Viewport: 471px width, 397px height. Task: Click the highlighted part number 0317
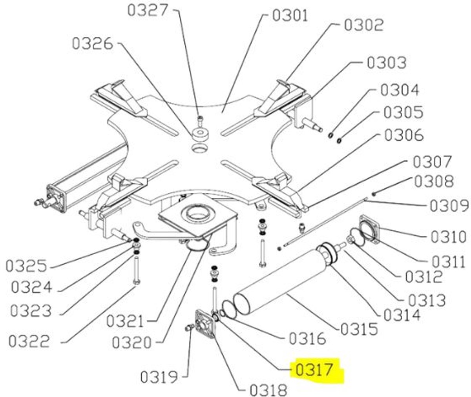(314, 370)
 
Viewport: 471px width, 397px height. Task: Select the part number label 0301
(290, 16)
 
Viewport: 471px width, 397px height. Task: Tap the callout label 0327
(148, 10)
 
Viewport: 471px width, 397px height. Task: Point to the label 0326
(92, 44)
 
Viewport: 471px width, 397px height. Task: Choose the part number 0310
(449, 237)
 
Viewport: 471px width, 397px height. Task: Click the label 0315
(359, 329)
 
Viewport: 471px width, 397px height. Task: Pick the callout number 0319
(159, 377)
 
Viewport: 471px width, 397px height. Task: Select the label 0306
(404, 135)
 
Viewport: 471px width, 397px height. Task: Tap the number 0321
(125, 321)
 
